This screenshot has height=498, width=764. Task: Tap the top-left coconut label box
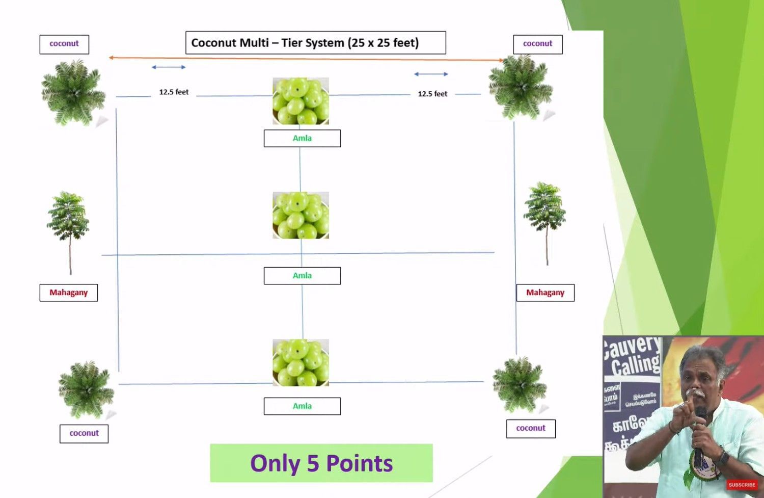tap(64, 44)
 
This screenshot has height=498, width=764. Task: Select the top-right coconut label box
tap(537, 44)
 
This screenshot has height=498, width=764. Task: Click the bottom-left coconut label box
tap(84, 433)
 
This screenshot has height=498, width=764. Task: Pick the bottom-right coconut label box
tap(531, 429)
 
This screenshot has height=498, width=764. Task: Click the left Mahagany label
tap(69, 293)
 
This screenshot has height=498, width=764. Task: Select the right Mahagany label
tap(545, 293)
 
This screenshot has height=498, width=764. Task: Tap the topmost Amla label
tap(302, 138)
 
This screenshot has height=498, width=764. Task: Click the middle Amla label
tap(302, 276)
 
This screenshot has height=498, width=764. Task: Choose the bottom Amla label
tap(302, 406)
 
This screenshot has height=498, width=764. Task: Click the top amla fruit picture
tap(301, 101)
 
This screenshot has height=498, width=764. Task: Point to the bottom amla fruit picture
tap(301, 362)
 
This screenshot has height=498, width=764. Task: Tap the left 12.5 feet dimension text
tap(174, 92)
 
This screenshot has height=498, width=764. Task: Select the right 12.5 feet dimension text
tap(432, 94)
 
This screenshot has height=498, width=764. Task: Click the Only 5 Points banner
tap(321, 463)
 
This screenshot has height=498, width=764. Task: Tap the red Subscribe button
tap(742, 485)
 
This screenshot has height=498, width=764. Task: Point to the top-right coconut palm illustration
tap(521, 88)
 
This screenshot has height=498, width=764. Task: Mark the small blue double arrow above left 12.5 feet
tap(169, 67)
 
